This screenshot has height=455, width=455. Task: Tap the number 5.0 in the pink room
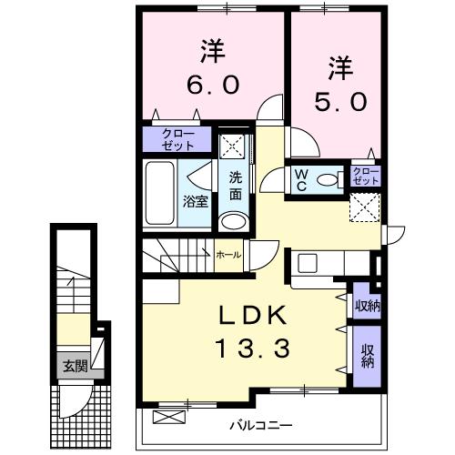click(x=341, y=101)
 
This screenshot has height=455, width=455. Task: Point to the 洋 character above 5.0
click(x=340, y=66)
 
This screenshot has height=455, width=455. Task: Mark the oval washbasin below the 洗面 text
click(x=234, y=221)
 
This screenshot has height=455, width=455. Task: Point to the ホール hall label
click(x=228, y=255)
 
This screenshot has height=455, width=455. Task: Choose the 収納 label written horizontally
click(x=368, y=306)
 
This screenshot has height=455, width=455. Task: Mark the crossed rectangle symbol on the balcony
click(x=169, y=418)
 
